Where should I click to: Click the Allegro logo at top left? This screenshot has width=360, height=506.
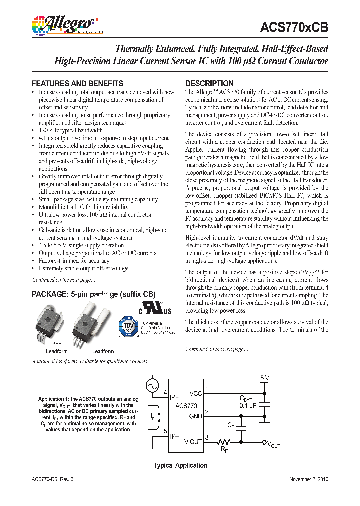tap(62, 25)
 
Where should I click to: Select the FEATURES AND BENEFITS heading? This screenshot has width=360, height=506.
tap(77, 83)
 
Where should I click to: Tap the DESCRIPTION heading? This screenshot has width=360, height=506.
tap(209, 83)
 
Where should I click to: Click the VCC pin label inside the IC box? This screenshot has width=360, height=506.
tap(196, 394)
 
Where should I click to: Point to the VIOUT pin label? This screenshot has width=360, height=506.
tap(193, 442)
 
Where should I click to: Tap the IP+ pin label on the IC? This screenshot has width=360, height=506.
tap(174, 397)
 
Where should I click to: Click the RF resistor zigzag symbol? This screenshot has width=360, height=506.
tap(224, 442)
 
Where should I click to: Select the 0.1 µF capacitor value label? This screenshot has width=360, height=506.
tap(249, 406)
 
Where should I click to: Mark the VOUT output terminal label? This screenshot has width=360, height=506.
tap(274, 444)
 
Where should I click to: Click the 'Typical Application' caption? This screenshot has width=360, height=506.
tap(180, 465)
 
